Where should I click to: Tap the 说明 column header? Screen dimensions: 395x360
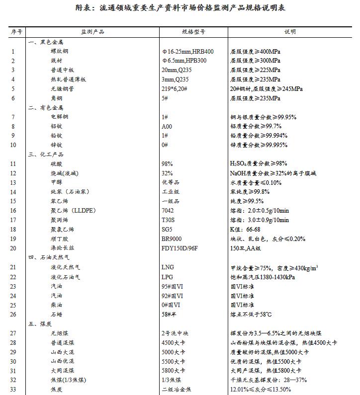pyautogui.click(x=290, y=32)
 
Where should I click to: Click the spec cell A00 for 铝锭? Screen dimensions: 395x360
pyautogui.click(x=167, y=126)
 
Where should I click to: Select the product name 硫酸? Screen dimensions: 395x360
pyautogui.click(x=57, y=163)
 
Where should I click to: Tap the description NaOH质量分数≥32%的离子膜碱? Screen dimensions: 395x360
pyautogui.click(x=273, y=173)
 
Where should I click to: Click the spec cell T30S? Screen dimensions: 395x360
pyautogui.click(x=169, y=220)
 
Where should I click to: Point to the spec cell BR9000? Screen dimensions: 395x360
pyautogui.click(x=172, y=238)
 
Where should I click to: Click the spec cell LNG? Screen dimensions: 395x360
pyautogui.click(x=168, y=267)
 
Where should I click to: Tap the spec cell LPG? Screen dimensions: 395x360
pyautogui.click(x=167, y=276)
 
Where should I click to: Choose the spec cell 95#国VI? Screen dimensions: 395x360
pyautogui.click(x=172, y=286)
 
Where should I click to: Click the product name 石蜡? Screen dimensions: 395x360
pyautogui.click(x=57, y=314)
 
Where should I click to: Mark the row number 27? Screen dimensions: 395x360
pyautogui.click(x=13, y=333)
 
